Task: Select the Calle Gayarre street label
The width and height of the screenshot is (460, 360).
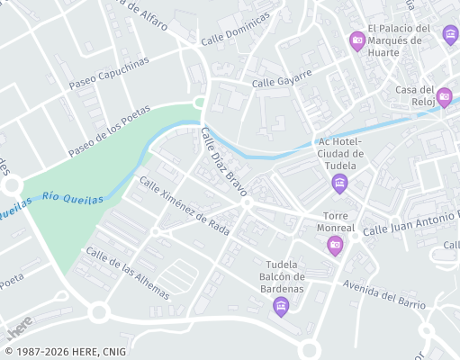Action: tap(282, 77)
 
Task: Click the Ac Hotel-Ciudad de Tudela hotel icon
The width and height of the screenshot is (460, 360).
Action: tap(339, 184)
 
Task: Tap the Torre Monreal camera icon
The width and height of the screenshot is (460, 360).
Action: tap(335, 245)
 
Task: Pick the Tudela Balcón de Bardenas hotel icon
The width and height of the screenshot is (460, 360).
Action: tap(281, 307)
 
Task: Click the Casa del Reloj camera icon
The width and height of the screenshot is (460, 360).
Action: tap(444, 96)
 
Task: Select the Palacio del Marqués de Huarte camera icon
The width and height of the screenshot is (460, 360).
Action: tap(357, 40)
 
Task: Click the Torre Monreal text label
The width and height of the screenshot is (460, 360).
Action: tap(339, 222)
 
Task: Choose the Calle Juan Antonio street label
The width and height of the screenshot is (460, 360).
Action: tap(410, 224)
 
